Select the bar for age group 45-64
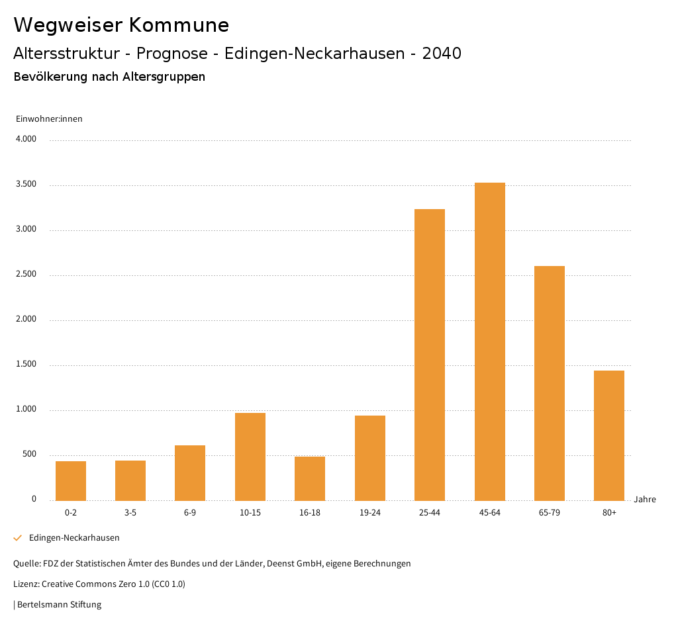489,341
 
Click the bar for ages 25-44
430,355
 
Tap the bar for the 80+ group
609,435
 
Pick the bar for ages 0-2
71,481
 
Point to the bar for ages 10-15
250,457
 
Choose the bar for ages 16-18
310,478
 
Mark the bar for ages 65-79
550,383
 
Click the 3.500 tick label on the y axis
26,185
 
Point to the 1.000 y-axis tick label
26,410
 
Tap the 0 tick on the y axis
34,500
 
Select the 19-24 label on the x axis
370,513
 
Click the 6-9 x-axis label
190,513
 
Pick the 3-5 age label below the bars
130,513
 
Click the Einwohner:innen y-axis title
49,119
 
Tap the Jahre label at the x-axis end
645,500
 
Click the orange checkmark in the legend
18,538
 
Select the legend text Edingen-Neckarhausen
74,538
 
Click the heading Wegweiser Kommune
121,25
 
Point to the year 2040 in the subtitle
442,54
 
